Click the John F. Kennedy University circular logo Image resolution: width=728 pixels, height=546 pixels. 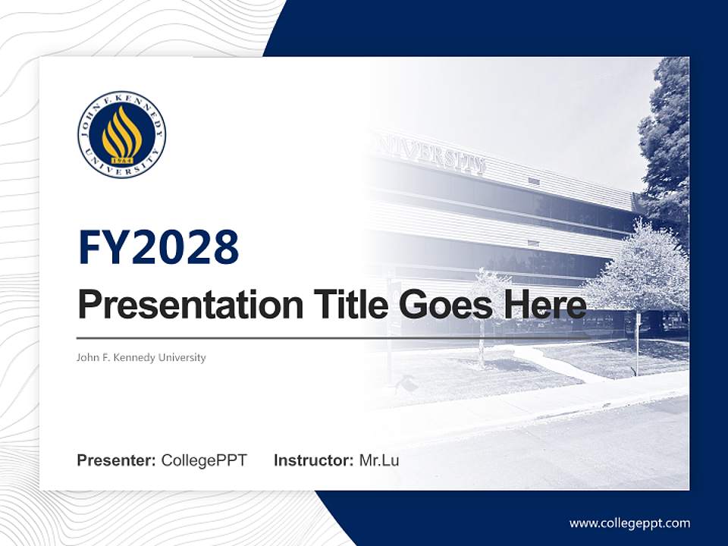click(121, 134)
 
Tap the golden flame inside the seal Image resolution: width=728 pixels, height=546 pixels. click(121, 131)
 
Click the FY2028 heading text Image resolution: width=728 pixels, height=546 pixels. click(158, 247)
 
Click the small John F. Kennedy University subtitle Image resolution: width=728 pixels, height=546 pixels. click(141, 357)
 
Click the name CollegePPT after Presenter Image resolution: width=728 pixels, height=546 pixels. click(204, 460)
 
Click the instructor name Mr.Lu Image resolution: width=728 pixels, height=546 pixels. click(379, 460)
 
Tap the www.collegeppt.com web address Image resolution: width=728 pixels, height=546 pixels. click(629, 523)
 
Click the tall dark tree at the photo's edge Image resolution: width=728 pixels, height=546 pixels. click(667, 144)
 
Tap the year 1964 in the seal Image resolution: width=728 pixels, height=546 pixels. click(121, 161)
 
